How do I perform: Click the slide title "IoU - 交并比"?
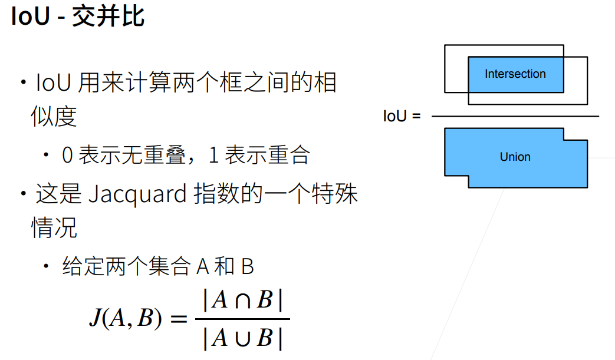tap(77, 17)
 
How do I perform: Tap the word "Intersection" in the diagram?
tap(515, 74)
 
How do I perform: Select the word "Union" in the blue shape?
tap(515, 157)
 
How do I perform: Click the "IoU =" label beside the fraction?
tap(402, 116)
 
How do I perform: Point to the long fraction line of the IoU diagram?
tap(515, 117)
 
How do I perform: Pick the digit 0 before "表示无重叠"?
tap(67, 156)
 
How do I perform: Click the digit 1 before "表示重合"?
tap(214, 156)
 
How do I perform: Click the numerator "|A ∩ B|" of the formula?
tap(242, 301)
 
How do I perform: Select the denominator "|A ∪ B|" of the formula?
tap(242, 338)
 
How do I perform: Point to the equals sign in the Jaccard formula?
tap(178, 319)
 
